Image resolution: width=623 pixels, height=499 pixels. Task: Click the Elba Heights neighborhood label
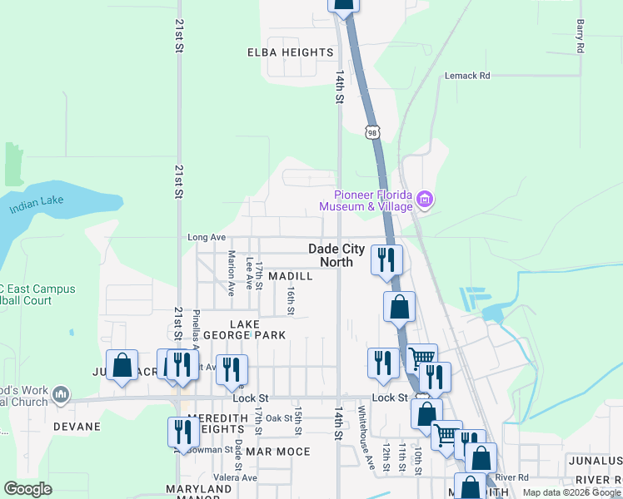(291, 52)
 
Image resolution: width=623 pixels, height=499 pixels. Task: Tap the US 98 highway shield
(371, 131)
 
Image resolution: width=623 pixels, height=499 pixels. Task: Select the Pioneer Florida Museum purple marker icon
(426, 199)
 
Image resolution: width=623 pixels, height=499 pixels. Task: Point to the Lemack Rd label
(467, 76)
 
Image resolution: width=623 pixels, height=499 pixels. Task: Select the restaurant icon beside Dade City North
(386, 259)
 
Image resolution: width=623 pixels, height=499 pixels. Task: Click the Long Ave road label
(207, 237)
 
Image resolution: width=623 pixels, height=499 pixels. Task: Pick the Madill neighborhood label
(291, 276)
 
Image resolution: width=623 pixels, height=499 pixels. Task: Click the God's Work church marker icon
(60, 393)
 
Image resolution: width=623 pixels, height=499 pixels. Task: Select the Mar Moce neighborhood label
(277, 452)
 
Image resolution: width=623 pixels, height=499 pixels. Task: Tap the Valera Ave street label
(234, 477)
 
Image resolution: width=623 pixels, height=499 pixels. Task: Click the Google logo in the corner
(28, 489)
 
